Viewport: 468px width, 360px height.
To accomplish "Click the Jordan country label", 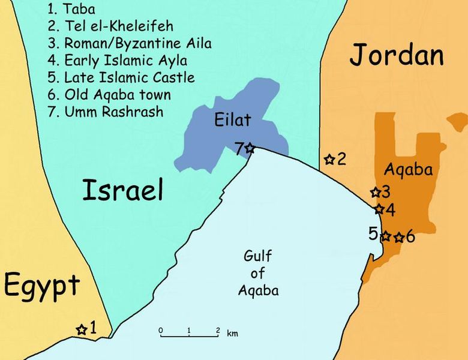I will pyautogui.click(x=397, y=56).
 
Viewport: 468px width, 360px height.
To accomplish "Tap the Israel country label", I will pyautogui.click(x=122, y=190).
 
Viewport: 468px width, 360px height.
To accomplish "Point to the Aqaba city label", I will pyautogui.click(x=408, y=170).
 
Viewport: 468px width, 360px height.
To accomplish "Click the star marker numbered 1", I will pyautogui.click(x=81, y=329).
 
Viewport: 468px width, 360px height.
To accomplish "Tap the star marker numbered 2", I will pyautogui.click(x=329, y=159).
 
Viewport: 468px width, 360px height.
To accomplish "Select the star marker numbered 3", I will pyautogui.click(x=375, y=193).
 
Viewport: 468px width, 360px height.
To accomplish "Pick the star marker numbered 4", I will pyautogui.click(x=379, y=209).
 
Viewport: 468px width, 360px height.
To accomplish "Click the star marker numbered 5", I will pyautogui.click(x=386, y=236).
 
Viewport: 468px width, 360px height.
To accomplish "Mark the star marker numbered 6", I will pyautogui.click(x=398, y=237).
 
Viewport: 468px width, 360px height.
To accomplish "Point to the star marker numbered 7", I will pyautogui.click(x=250, y=148).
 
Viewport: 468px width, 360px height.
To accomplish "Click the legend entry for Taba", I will pyautogui.click(x=73, y=9).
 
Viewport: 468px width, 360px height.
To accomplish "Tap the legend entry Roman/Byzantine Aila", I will pyautogui.click(x=128, y=43).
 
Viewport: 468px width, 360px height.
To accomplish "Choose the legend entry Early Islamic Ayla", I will pyautogui.click(x=116, y=61).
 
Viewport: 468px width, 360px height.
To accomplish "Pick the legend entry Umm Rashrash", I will pyautogui.click(x=104, y=112).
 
